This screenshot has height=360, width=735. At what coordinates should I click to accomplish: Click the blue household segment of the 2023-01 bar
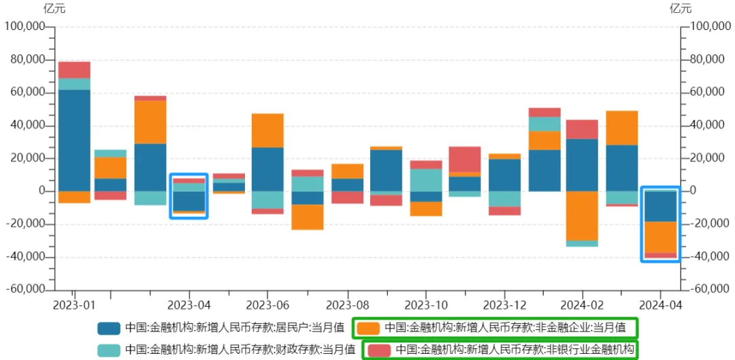pos(74,140)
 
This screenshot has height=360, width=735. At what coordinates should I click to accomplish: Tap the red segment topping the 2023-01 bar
pos(74,69)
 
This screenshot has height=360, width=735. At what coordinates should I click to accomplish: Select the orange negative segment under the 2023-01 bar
pos(74,197)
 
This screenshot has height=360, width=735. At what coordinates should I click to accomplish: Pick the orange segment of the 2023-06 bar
pos(267,131)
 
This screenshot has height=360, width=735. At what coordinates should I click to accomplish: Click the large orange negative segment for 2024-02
pos(582,216)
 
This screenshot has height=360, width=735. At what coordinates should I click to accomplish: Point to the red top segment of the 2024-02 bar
pos(582,129)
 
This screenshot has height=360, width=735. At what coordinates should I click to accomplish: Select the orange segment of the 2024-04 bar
pos(660,238)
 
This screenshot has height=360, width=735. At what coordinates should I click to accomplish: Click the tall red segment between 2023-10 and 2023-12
pos(464,159)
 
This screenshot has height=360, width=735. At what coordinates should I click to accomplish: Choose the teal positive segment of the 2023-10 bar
pos(426,180)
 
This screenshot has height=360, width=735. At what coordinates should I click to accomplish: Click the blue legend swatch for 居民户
pos(109,328)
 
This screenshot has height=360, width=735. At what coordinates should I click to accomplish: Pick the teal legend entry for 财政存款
pos(239,350)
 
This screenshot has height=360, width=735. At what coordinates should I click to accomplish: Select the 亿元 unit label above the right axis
pos(680,9)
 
